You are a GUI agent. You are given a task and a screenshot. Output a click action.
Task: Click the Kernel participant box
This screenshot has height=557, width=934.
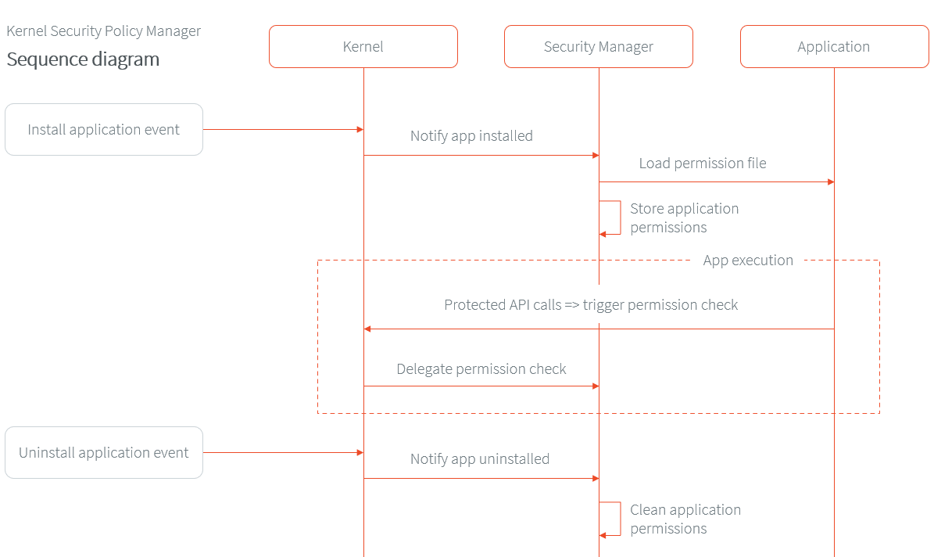pos(363,47)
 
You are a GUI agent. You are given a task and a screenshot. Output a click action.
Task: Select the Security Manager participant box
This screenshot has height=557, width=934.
pos(598,47)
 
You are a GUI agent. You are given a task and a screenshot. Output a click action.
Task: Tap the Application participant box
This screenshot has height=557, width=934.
pos(833,47)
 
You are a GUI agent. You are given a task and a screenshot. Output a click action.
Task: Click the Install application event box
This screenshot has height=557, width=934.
pos(103,130)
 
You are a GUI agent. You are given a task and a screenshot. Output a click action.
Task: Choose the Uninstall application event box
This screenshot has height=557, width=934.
pos(103,453)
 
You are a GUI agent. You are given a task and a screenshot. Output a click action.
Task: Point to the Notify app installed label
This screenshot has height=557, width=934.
pos(471,136)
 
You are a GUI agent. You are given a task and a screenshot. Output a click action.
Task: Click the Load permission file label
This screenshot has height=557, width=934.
pos(702,164)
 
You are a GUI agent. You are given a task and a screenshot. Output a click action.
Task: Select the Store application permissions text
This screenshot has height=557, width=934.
pos(684,218)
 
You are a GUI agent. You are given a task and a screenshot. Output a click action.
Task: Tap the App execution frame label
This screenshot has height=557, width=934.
pos(747,261)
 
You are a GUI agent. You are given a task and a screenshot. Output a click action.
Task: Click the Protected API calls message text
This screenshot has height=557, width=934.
pos(591,305)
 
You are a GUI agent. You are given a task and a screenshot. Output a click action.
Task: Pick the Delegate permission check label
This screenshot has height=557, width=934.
pos(481,369)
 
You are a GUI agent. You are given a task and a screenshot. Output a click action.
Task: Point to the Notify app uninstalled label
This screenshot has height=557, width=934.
pos(479,459)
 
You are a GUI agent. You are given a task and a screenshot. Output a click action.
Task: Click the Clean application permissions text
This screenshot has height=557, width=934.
pos(685,519)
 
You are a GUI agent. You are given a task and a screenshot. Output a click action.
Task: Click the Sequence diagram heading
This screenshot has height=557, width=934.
pos(83,59)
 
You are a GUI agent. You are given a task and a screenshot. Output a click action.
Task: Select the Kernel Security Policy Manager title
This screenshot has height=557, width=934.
pos(103,31)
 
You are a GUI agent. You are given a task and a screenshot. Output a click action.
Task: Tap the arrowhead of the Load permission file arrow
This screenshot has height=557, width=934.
pos(831,182)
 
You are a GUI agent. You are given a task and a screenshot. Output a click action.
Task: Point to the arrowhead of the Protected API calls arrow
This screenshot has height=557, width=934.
pos(367,329)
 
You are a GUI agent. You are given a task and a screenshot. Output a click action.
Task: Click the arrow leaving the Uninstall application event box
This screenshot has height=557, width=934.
pos(281,453)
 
